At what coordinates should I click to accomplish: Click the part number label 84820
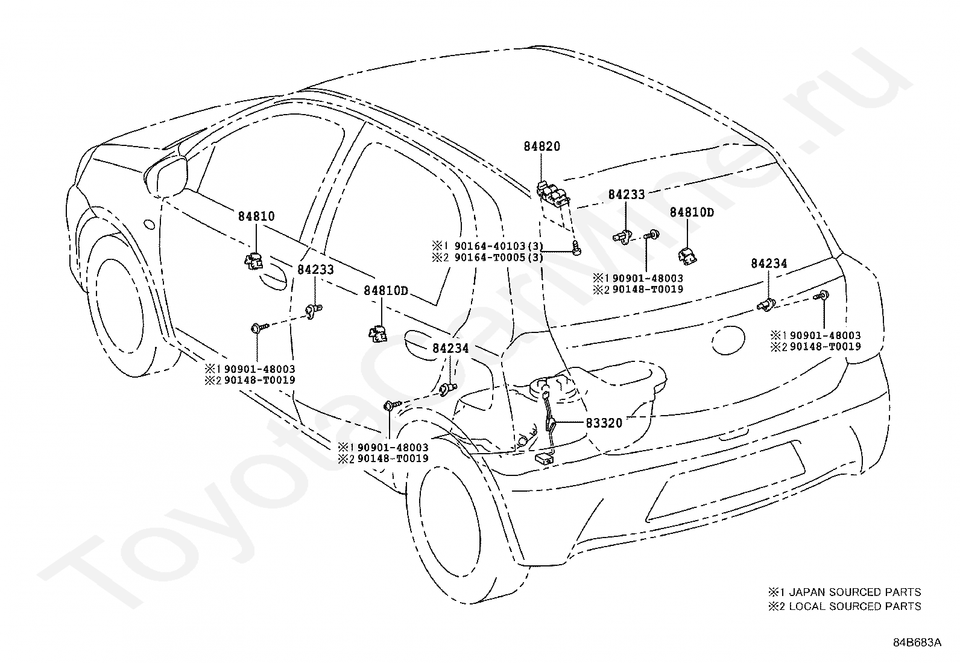(542, 146)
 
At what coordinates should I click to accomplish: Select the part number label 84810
(256, 216)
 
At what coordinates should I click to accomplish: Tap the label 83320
(604, 423)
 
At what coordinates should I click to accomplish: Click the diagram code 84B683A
(917, 642)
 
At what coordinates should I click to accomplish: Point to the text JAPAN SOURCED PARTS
(855, 592)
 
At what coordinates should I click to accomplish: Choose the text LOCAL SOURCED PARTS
(855, 606)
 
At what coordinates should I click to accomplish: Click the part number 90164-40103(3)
(499, 246)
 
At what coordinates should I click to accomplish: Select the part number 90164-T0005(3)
(499, 258)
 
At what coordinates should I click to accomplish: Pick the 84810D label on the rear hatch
(692, 213)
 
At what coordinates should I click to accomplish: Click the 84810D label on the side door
(386, 291)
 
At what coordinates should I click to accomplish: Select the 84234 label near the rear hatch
(769, 263)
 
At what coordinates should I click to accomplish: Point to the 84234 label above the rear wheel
(450, 348)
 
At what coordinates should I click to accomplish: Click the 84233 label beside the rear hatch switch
(627, 195)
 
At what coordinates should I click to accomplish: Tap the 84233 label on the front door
(315, 270)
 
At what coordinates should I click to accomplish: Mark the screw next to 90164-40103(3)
(577, 247)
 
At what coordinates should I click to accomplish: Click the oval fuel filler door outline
(728, 340)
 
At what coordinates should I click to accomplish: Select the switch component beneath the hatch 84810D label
(687, 256)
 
